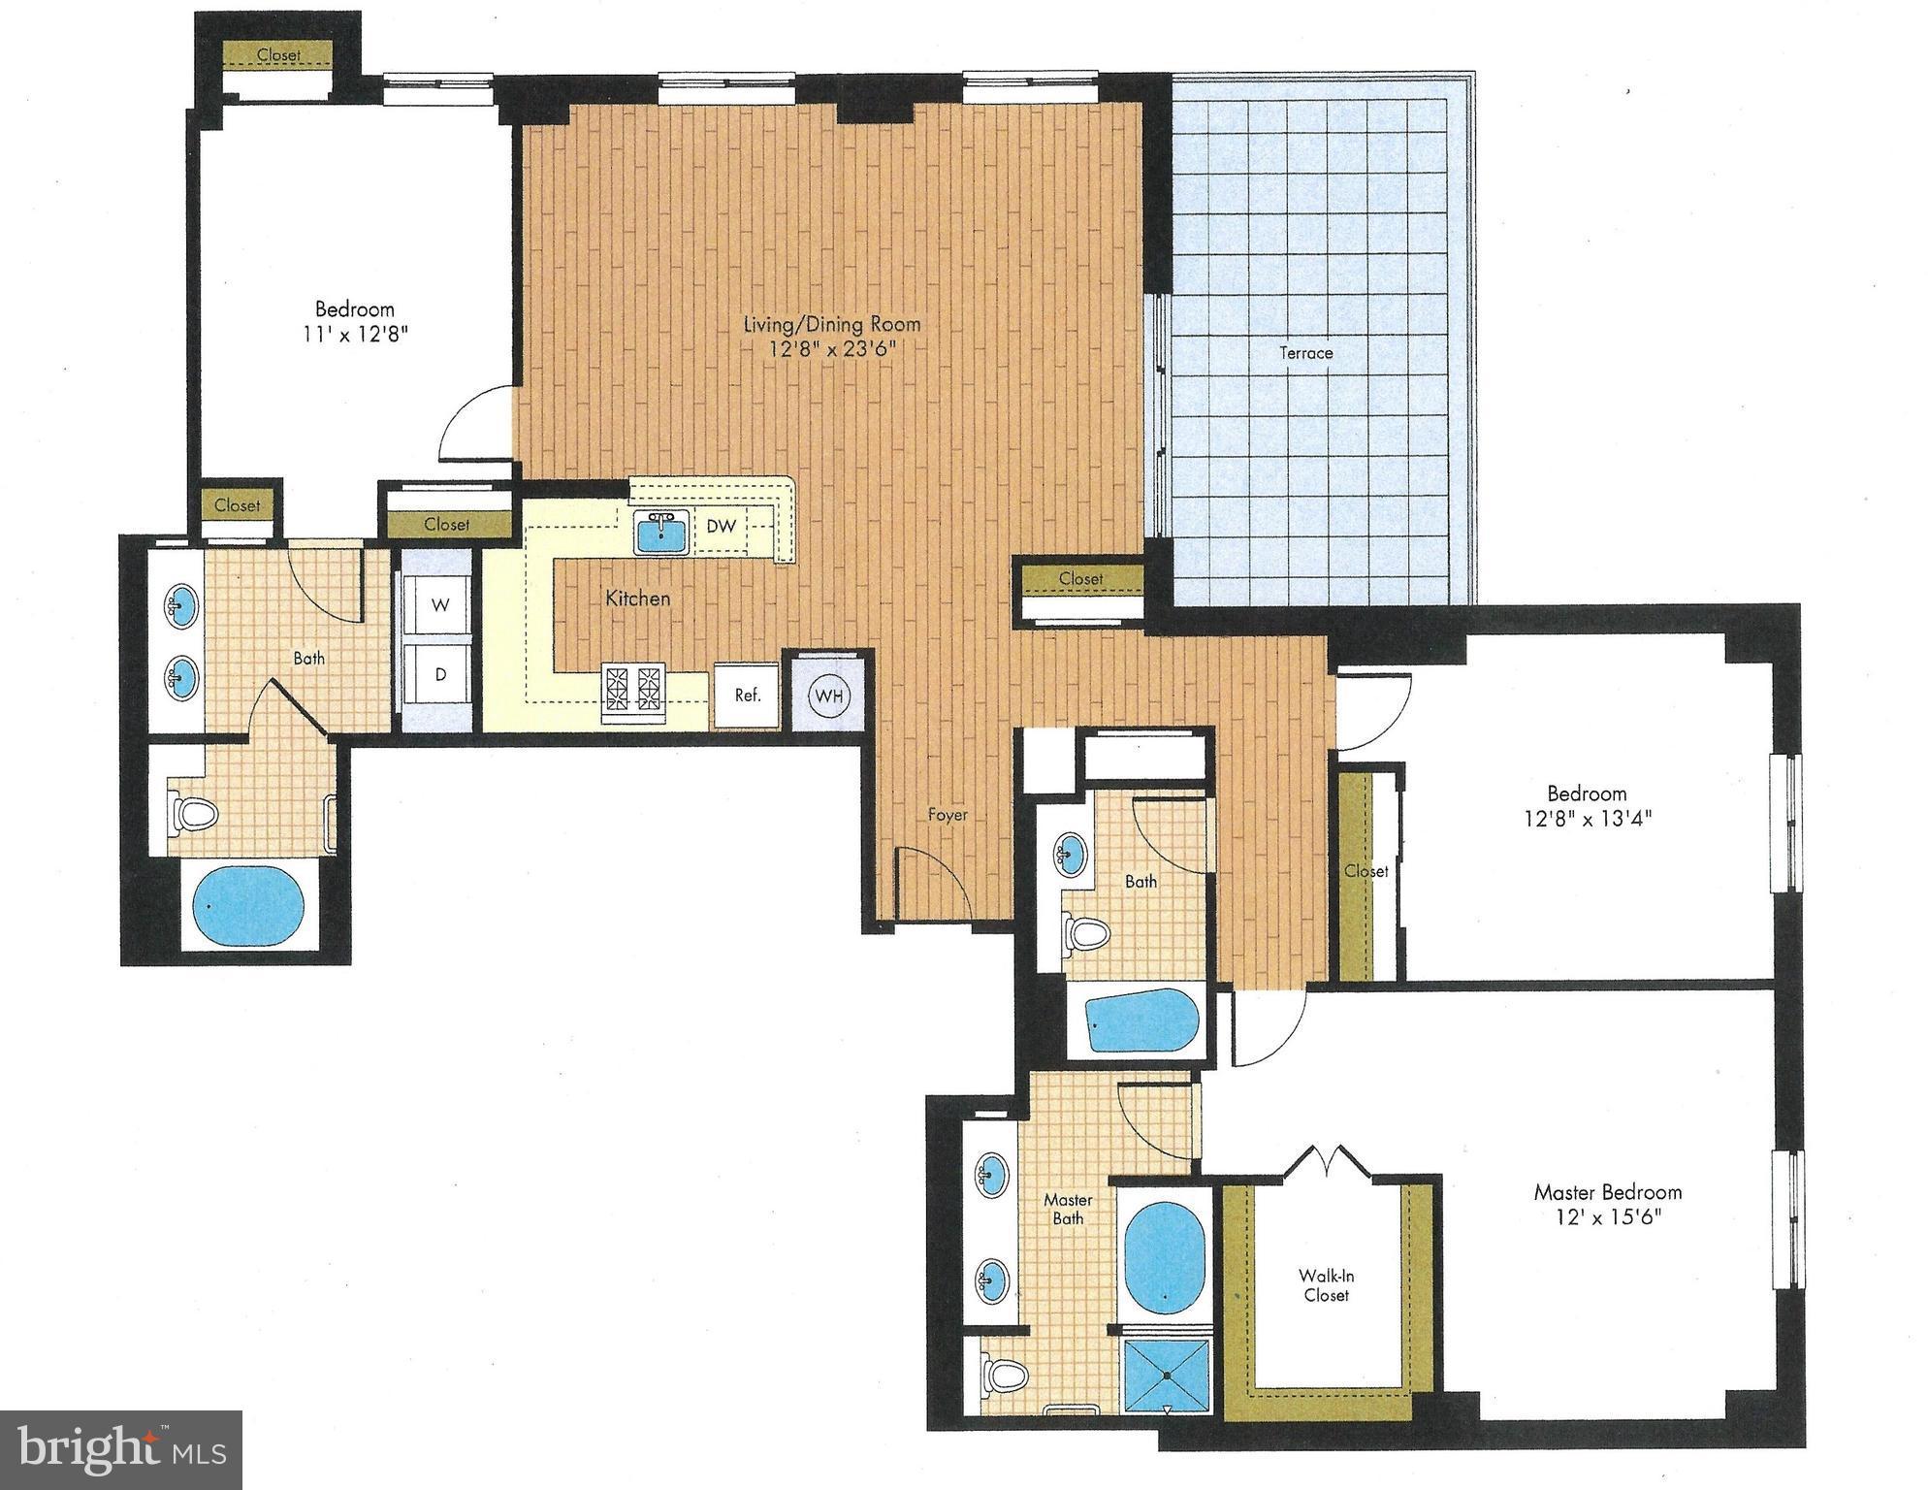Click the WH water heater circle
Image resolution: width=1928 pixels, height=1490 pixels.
point(828,696)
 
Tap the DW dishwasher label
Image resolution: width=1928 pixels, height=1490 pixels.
point(721,527)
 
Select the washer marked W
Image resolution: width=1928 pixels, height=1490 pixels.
point(440,605)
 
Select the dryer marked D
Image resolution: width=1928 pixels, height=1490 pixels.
point(440,674)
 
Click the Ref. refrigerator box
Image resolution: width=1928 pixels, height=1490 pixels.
point(747,695)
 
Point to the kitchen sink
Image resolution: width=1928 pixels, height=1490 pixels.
point(661,532)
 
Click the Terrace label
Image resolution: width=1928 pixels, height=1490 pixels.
point(1305,353)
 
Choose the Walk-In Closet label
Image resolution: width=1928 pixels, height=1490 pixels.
point(1326,1285)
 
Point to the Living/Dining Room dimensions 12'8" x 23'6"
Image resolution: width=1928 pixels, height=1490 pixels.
point(831,349)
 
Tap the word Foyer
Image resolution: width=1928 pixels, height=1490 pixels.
point(948,815)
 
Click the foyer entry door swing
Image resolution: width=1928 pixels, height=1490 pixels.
point(931,883)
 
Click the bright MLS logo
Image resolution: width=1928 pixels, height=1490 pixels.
point(120,1450)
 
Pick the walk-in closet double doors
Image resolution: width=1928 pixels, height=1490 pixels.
point(1326,1160)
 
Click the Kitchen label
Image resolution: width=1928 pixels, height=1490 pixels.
point(637,599)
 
